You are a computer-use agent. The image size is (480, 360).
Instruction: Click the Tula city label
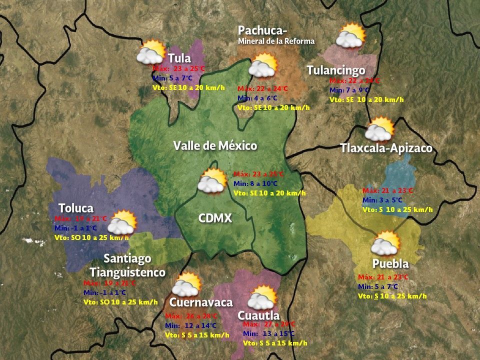point(179,58)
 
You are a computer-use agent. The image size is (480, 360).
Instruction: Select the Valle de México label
point(215,146)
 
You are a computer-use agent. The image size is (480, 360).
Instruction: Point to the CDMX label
point(215,218)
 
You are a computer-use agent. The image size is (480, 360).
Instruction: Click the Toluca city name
point(76,208)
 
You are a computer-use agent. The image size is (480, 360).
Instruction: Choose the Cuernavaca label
point(201,302)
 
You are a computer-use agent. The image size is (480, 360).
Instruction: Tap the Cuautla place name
point(258,315)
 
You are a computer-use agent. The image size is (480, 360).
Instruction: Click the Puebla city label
point(390,263)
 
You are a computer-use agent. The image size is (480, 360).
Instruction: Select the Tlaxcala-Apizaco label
point(386,148)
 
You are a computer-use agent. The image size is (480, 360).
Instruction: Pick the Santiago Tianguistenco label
point(127,265)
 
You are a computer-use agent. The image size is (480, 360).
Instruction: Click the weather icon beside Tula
point(151,52)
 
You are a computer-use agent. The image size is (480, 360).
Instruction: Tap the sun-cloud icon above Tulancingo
point(350,35)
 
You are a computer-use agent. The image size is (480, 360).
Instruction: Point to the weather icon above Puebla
point(385,243)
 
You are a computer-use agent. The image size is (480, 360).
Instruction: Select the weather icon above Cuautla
point(262,297)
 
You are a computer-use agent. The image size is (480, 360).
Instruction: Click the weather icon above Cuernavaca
point(186,284)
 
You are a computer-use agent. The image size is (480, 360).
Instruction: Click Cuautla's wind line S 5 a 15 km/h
point(275,343)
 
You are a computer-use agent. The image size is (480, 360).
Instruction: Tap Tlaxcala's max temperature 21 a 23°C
point(387,190)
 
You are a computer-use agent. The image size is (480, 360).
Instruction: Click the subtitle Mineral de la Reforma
point(276,41)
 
